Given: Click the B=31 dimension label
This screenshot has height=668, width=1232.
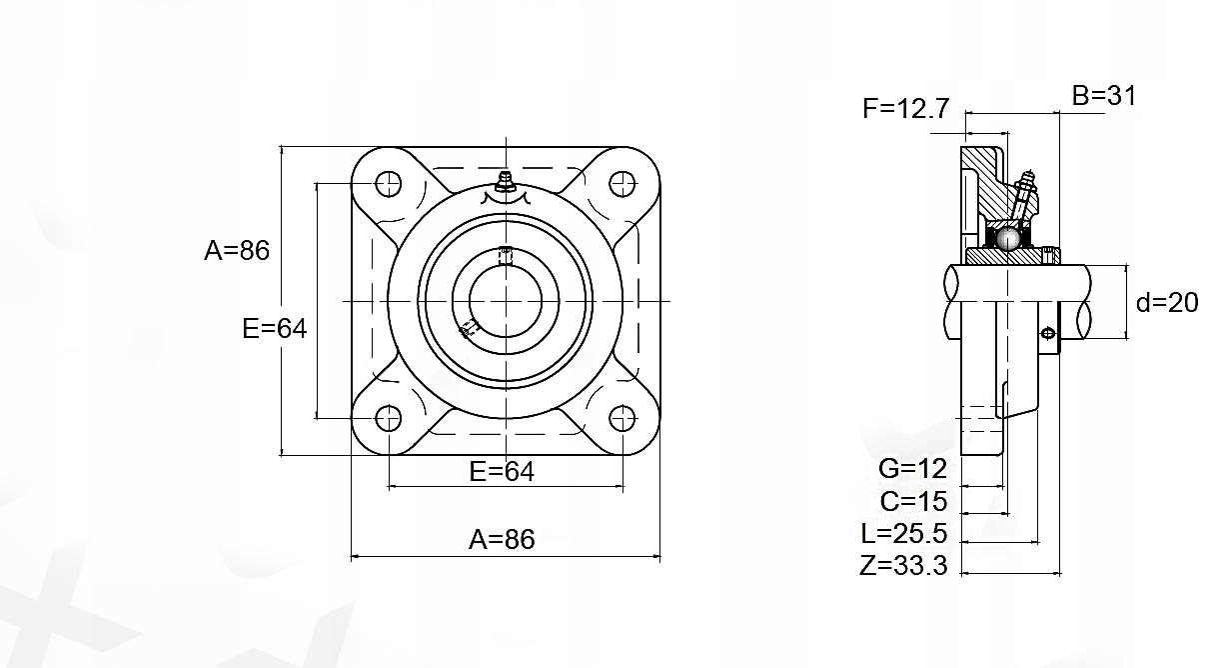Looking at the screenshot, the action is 1104,96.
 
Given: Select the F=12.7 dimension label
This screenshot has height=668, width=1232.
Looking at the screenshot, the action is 906,108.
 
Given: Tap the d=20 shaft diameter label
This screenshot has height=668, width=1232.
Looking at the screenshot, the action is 1167,303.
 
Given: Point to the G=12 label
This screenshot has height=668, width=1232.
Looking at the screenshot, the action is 912,469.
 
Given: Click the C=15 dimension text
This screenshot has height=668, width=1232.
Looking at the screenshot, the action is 913,501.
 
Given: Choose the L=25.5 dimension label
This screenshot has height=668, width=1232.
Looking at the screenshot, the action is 904,533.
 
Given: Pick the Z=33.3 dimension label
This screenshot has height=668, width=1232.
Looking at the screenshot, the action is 903,565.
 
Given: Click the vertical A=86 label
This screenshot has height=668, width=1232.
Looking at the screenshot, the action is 237,250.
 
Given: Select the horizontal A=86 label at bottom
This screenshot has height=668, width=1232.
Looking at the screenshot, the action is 502,539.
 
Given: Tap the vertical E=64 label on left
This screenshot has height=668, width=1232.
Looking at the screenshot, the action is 275,328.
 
